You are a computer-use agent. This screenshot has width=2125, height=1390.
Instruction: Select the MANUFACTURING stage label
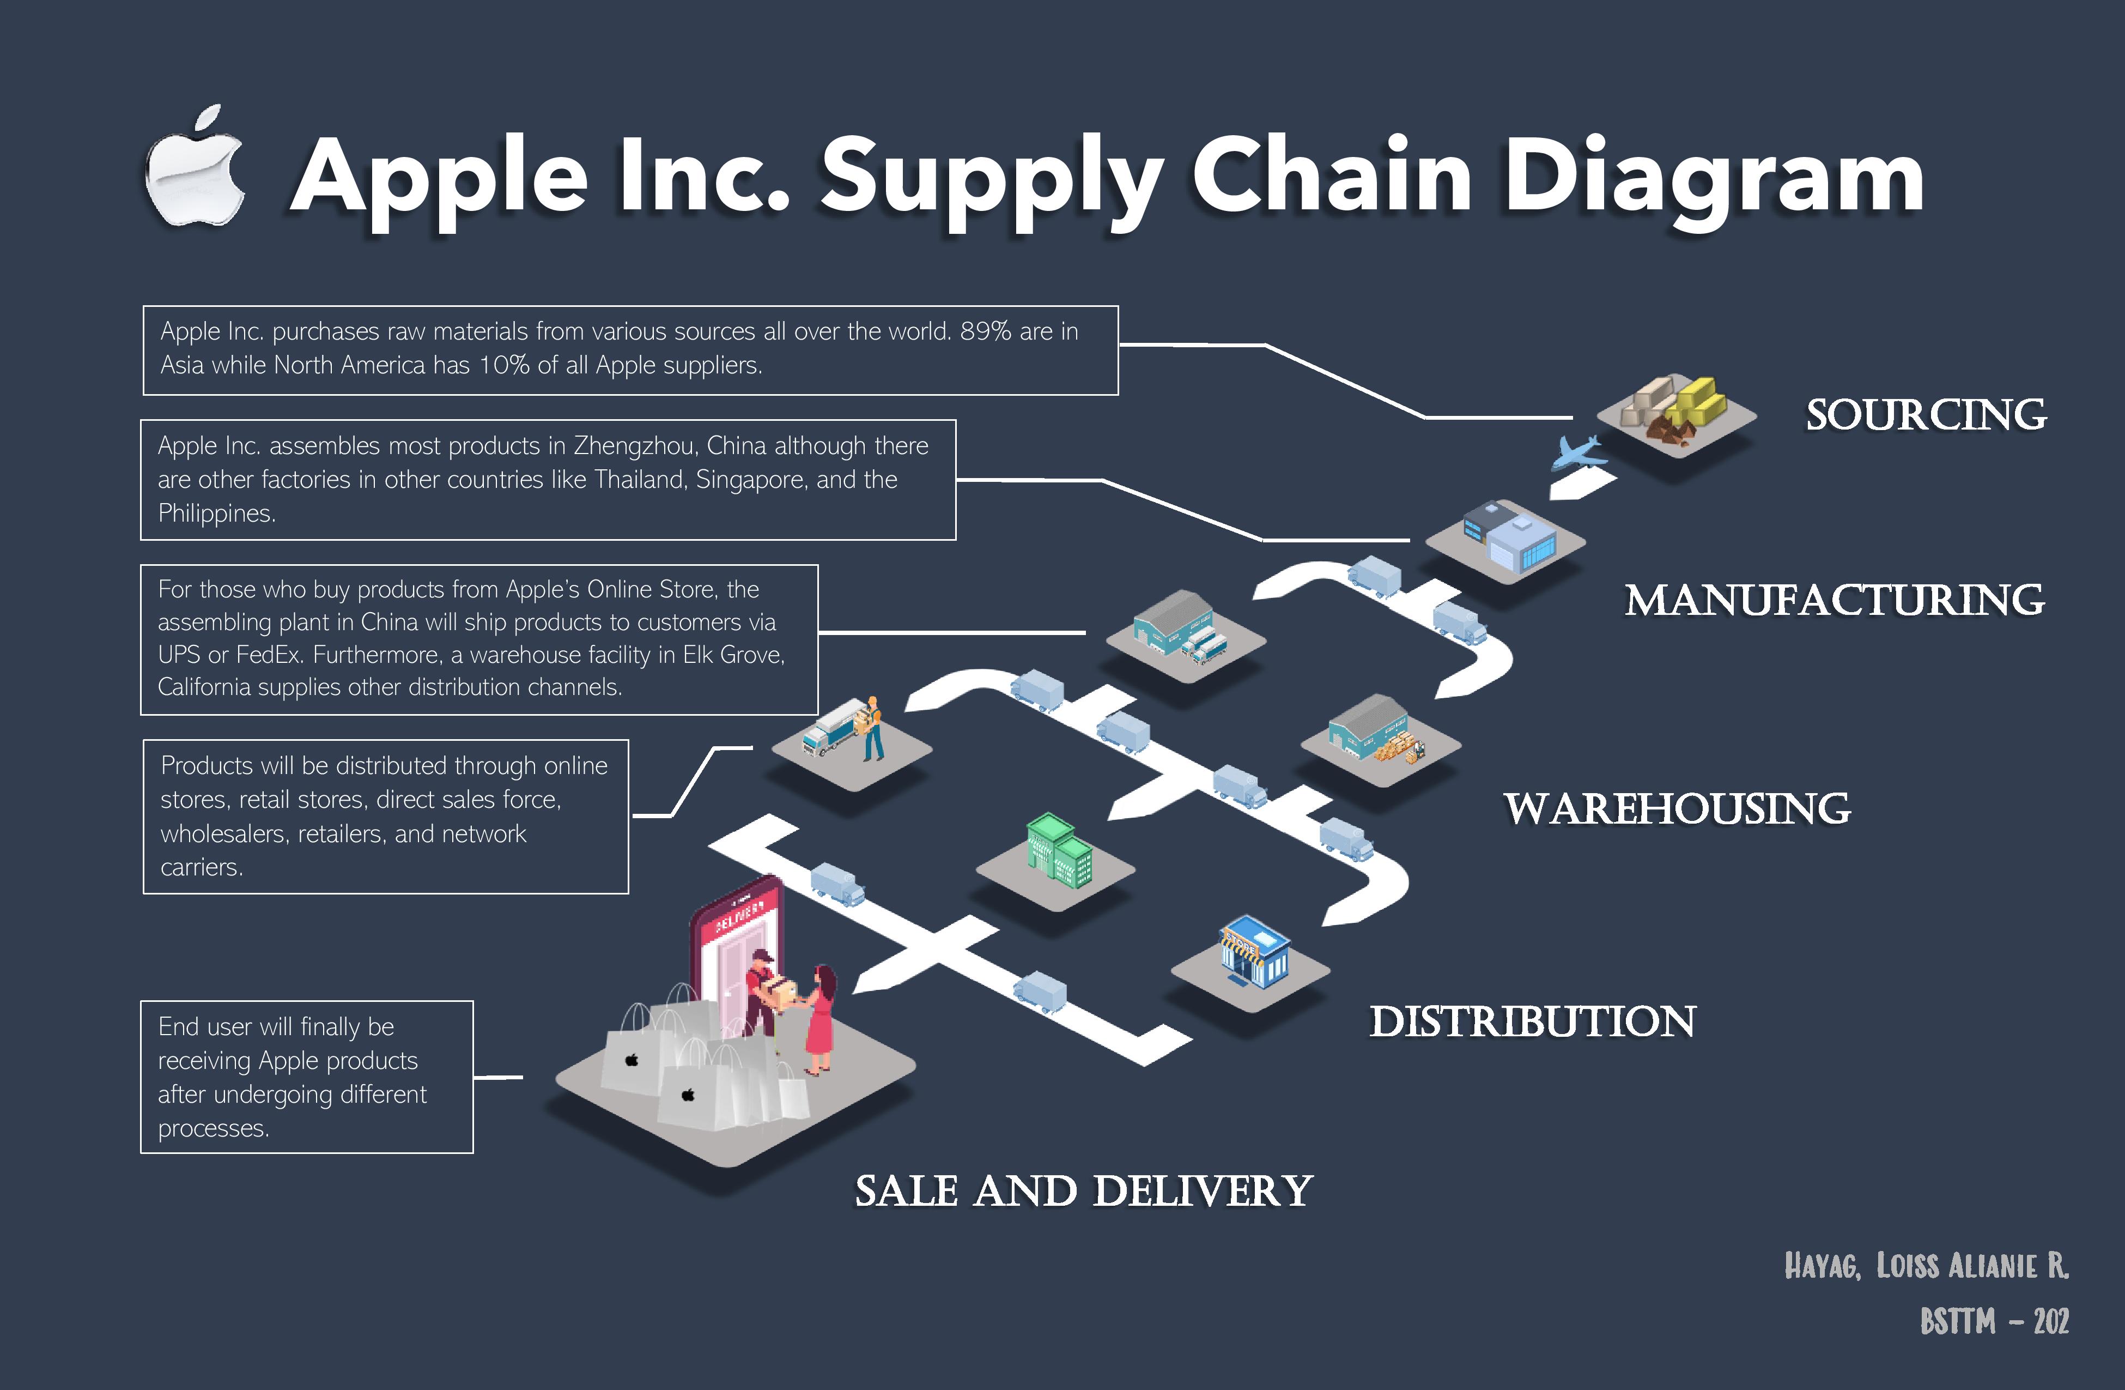pos(1835,600)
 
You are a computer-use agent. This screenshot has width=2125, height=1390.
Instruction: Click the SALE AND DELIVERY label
pos(1083,1191)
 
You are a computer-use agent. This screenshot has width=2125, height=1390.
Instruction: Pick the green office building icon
pos(1059,850)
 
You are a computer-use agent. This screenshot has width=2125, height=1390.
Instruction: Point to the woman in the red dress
pos(819,1018)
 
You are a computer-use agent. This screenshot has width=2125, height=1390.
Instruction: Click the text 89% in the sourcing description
pos(985,331)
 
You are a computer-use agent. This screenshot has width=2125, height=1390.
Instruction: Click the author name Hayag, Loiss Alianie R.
pos(1926,1266)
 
